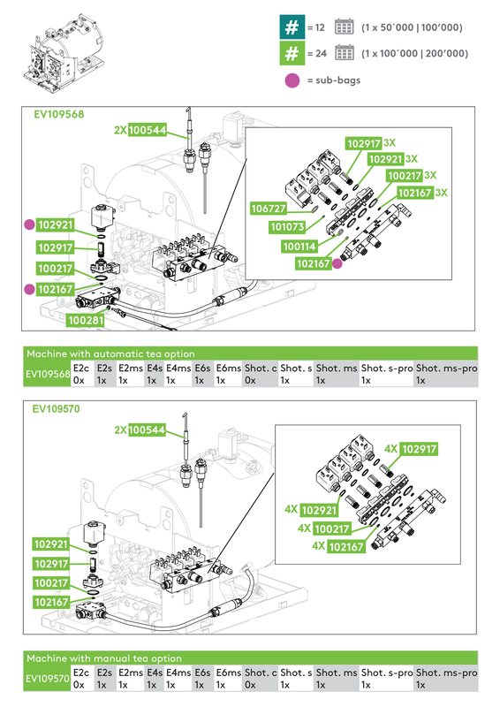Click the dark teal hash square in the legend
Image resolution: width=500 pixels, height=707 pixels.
tap(291, 27)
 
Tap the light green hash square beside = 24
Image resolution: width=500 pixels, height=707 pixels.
tap(291, 53)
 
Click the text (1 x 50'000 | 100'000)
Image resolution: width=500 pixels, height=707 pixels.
tap(412, 27)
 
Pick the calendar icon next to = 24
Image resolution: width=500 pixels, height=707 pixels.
tap(345, 53)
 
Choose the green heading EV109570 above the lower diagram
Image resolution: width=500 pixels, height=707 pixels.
tap(57, 410)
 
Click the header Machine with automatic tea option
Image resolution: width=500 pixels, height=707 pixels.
tap(110, 353)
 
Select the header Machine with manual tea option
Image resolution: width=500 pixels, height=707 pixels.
tap(104, 658)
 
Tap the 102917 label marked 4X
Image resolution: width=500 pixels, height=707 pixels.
tap(420, 449)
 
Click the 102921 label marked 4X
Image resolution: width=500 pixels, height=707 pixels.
tap(319, 511)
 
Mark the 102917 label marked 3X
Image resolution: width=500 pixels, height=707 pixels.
tap(363, 143)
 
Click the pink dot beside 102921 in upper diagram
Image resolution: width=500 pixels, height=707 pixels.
tap(28, 225)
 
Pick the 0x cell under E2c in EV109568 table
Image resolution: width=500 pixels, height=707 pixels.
tap(79, 381)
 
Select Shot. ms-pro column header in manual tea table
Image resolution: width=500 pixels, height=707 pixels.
tap(446, 673)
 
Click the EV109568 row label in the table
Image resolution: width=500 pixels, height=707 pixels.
tap(48, 374)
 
